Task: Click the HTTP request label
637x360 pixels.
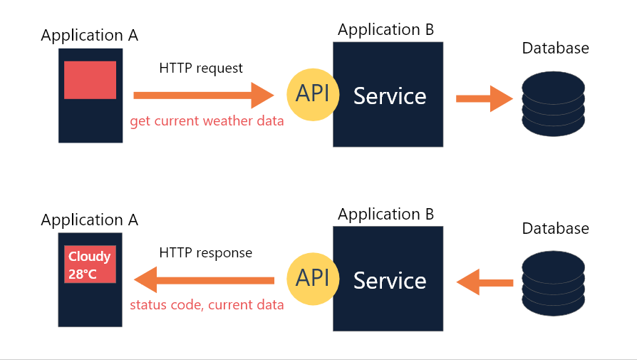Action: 201,68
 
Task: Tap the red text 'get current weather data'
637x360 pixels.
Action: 207,120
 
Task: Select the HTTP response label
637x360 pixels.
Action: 206,253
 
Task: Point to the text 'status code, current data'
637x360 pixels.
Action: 207,305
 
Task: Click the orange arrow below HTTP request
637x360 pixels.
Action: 203,95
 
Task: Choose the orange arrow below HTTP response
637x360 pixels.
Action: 204,280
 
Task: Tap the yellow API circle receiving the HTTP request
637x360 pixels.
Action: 312,95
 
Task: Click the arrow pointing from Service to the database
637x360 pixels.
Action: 484,98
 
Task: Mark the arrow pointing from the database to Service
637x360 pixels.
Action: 485,283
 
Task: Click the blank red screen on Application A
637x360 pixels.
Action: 90,80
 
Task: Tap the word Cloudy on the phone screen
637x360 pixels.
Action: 89,257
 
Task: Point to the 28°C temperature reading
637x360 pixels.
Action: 83,274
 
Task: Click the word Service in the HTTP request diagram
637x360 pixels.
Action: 390,96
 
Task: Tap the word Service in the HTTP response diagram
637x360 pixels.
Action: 390,281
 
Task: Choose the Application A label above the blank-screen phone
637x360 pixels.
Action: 90,35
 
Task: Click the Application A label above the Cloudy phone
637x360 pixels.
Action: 90,220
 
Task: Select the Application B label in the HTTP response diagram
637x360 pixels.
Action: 385,214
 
